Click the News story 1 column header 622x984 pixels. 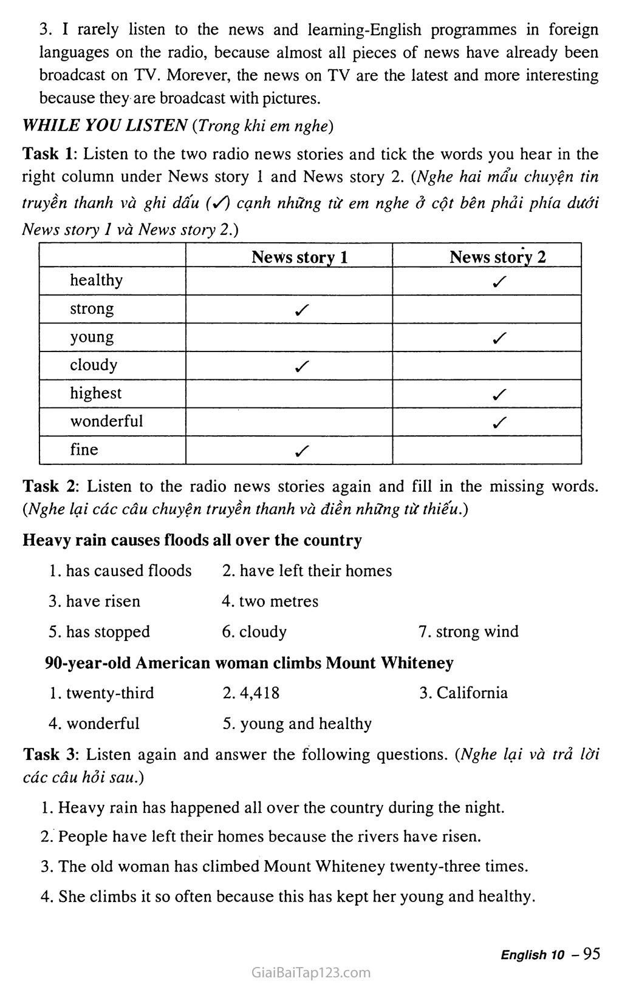299,257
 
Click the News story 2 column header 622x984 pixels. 497,257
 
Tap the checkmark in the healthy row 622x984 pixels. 500,282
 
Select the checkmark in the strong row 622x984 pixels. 301,310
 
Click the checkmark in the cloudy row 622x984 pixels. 301,366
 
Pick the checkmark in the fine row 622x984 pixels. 301,450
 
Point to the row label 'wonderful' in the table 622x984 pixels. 106,421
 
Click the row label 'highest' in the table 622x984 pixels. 95,393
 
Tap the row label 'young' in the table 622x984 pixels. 92,337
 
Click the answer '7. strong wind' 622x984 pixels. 468,631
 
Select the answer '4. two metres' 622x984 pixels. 270,601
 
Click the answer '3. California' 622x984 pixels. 463,693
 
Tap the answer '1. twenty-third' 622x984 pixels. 101,693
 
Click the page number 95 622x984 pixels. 591,954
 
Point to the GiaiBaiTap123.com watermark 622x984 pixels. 310,972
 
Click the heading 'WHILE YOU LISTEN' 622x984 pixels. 104,126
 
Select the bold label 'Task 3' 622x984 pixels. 50,755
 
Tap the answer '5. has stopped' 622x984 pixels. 100,631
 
